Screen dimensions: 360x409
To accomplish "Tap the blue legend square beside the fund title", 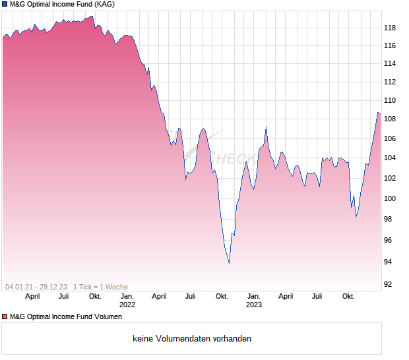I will pos(5,5).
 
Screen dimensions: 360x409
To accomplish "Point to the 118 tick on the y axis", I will pos(389,28).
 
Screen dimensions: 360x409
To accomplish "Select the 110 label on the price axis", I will pos(389,100).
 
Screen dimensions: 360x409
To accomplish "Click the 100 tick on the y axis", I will pos(389,198).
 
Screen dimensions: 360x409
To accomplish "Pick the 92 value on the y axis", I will pos(389,285).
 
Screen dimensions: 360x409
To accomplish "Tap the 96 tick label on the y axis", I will pos(389,240).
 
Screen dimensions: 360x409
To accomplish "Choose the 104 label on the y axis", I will pos(389,158).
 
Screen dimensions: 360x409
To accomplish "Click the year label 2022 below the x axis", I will pos(127,305).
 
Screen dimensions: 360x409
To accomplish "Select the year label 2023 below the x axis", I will pos(254,305).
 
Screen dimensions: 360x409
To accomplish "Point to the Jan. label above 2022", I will pos(127,297).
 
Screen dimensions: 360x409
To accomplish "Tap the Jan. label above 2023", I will pos(254,297).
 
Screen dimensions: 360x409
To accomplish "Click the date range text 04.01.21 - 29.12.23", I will pos(36,287).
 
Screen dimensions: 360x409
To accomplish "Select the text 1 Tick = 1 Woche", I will pos(100,287).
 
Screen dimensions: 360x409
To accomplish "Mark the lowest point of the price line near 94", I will pos(229,262).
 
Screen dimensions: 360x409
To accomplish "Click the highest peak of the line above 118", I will pos(92,16).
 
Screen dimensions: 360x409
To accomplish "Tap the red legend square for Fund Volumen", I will pos(5,317).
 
